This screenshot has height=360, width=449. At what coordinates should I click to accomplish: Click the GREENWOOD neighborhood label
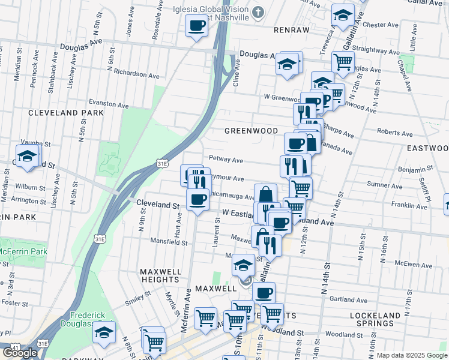[x=251, y=131]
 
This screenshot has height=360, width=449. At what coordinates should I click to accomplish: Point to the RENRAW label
[x=274, y=29]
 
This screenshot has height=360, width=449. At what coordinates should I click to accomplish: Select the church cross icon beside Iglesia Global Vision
[x=258, y=12]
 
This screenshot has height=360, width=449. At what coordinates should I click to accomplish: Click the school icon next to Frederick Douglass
[x=104, y=332]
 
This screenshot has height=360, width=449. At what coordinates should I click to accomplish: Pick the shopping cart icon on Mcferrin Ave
[x=205, y=318]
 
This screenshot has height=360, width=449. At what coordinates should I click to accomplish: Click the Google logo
[x=20, y=353]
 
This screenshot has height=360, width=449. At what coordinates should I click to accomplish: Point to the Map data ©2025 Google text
[x=411, y=355]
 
